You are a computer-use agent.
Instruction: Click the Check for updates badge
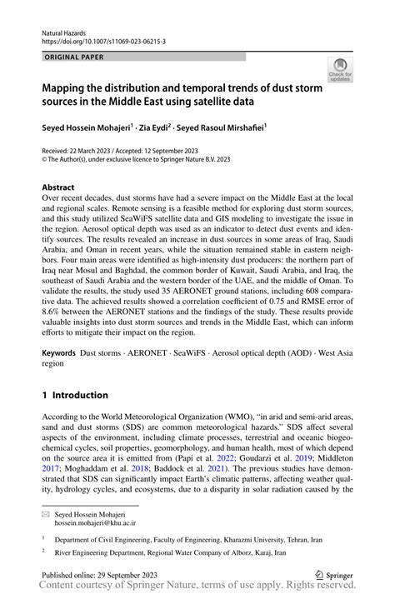340,72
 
